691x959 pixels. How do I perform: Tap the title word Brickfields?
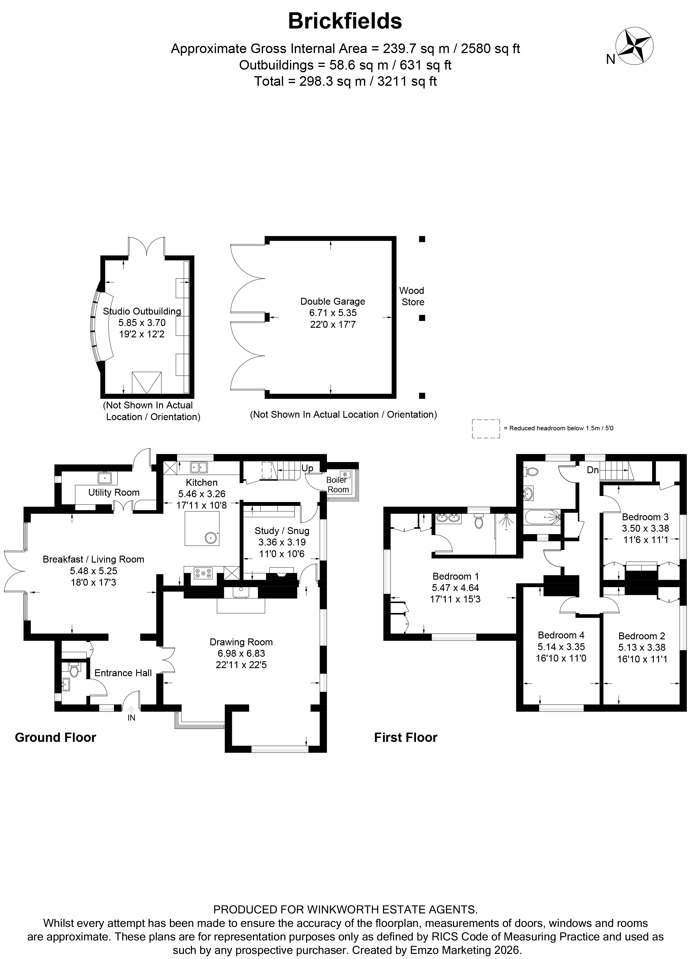click(345, 21)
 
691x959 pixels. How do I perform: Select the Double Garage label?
click(332, 301)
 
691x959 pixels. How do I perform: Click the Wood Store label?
click(412, 296)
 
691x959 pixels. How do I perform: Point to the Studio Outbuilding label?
click(142, 311)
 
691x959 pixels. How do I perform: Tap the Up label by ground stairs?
click(307, 468)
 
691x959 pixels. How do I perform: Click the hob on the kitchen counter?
click(203, 573)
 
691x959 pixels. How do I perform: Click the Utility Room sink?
click(104, 478)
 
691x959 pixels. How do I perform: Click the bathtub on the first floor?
click(542, 516)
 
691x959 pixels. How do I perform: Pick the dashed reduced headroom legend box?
click(486, 429)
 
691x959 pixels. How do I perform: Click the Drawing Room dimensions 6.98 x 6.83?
click(241, 653)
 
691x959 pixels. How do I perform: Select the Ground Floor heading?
click(55, 737)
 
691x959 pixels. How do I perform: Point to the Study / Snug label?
click(282, 531)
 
